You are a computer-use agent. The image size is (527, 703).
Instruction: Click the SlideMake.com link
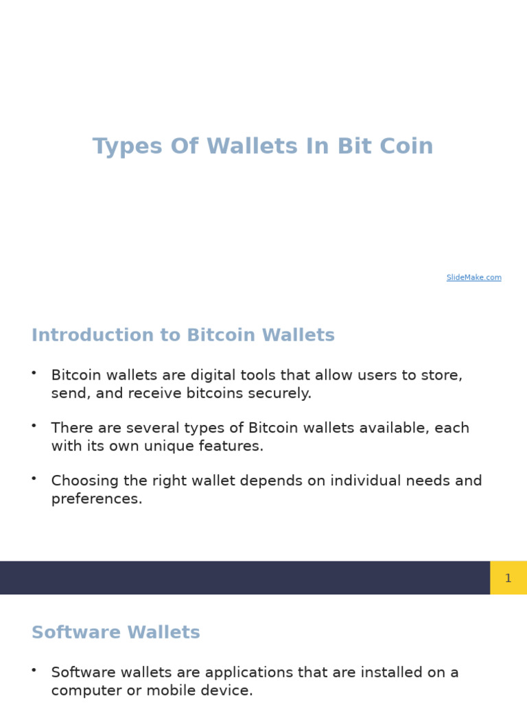pyautogui.click(x=473, y=277)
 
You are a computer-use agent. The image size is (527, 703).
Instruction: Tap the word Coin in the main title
pyautogui.click(x=406, y=147)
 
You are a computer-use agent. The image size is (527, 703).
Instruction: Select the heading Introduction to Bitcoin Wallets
pyautogui.click(x=183, y=336)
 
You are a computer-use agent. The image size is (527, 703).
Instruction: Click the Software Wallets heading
pyautogui.click(x=116, y=633)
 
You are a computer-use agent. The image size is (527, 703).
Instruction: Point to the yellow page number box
pyautogui.click(x=508, y=578)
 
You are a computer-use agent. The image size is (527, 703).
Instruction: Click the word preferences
pyautogui.click(x=97, y=499)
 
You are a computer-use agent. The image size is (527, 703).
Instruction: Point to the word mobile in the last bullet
pyautogui.click(x=176, y=691)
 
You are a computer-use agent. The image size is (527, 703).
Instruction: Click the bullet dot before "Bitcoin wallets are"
pyautogui.click(x=34, y=372)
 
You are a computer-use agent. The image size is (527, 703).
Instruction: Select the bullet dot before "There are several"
pyautogui.click(x=34, y=425)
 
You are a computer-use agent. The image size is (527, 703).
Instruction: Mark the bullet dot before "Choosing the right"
pyautogui.click(x=34, y=478)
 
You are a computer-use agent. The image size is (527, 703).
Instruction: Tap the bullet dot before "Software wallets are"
pyautogui.click(x=34, y=669)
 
